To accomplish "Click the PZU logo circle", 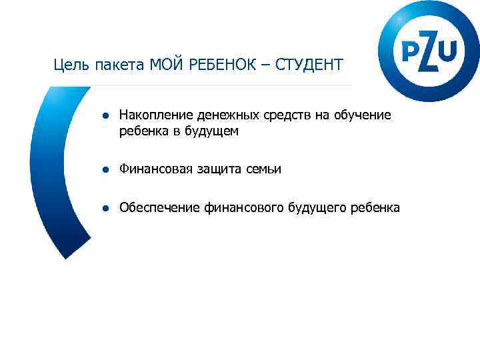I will pyautogui.click(x=429, y=51).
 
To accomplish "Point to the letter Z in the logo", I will pyautogui.click(x=429, y=51).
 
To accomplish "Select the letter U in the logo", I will pyautogui.click(x=448, y=49).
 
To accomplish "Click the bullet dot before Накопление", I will pyautogui.click(x=105, y=116).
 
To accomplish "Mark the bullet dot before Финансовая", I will pyautogui.click(x=105, y=170).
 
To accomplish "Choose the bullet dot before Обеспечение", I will pyautogui.click(x=105, y=209).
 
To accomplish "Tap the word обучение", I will pyautogui.click(x=364, y=116).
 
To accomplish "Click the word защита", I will pyautogui.click(x=219, y=170).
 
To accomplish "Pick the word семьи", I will pyautogui.click(x=263, y=170).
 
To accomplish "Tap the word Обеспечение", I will pyautogui.click(x=159, y=209).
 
